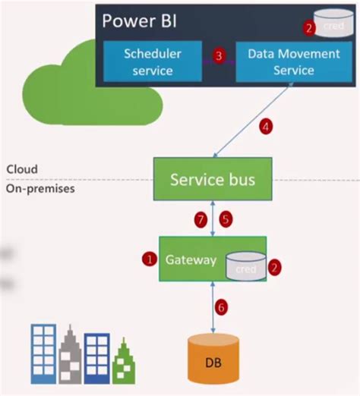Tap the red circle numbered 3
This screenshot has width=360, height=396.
(219, 55)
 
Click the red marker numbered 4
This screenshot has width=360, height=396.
(266, 127)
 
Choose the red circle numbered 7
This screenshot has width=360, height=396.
(201, 220)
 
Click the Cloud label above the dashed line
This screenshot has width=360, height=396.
(21, 168)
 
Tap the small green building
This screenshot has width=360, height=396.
(123, 363)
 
